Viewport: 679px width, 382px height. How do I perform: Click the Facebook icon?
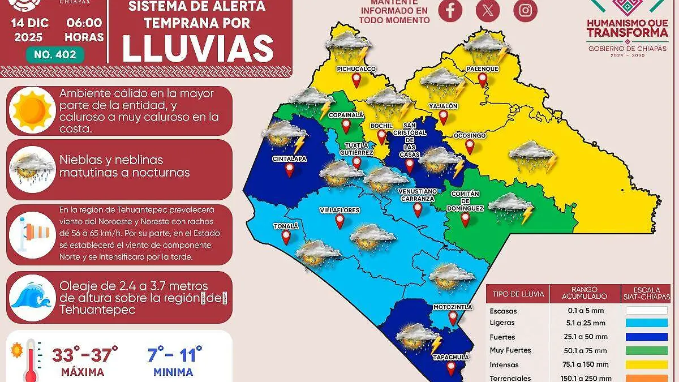pos(450,11)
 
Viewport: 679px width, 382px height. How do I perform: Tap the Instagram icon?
pos(525,11)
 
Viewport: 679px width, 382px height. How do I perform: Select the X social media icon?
pos(487,11)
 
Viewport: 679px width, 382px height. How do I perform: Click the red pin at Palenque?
pos(482,80)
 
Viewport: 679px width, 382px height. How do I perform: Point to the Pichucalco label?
pos(356,69)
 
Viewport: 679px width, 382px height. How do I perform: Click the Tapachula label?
pos(450,358)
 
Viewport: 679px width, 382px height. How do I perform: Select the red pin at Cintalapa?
pos(289,169)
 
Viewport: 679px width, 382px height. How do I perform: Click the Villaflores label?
pos(339,210)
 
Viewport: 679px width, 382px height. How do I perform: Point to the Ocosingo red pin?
pos(469,147)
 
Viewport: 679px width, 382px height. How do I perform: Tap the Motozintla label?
pos(452,307)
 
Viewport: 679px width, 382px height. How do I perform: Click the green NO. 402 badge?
pos(55,55)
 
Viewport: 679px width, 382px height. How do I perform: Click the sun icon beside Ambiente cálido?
pos(33,109)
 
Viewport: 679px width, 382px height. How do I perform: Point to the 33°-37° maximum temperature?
pos(85,355)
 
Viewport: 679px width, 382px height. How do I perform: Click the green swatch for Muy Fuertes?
pos(646,350)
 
